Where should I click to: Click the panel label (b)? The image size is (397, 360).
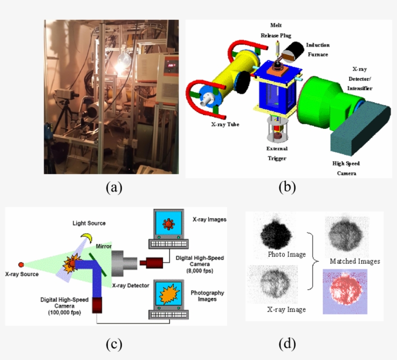(x=287, y=187)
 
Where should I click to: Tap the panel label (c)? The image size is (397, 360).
(x=114, y=344)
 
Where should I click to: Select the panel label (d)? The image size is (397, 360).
(x=287, y=344)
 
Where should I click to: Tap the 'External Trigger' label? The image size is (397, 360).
(x=277, y=153)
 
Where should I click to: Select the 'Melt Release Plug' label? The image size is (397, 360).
(x=276, y=30)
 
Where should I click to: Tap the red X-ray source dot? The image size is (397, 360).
(x=20, y=264)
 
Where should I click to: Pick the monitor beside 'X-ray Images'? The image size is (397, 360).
(x=168, y=224)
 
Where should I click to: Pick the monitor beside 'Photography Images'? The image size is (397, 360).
(x=168, y=294)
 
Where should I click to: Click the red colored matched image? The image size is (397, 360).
(x=345, y=291)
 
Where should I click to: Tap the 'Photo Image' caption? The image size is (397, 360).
(x=287, y=255)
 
